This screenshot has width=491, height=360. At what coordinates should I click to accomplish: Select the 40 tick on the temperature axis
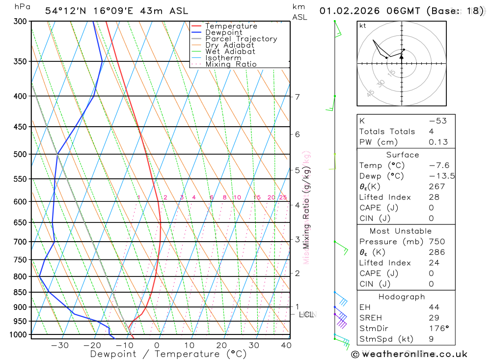click(x=286, y=345)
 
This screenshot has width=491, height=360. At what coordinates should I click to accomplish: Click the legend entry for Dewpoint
click(x=223, y=32)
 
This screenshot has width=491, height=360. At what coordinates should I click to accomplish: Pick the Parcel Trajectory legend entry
click(x=241, y=39)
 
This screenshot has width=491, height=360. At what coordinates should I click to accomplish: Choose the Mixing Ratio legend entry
click(x=231, y=64)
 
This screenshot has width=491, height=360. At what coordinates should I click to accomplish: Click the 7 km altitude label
click(x=298, y=97)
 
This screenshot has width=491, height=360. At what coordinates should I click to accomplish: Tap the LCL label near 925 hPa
click(x=306, y=314)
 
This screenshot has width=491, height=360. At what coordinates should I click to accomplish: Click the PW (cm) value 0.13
click(x=438, y=142)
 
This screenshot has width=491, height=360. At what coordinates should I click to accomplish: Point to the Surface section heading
click(x=402, y=155)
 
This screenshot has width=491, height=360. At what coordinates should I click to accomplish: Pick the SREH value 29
click(x=434, y=318)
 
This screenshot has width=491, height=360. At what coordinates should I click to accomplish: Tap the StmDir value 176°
click(x=437, y=328)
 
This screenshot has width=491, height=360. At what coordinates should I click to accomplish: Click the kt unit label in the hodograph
click(x=362, y=26)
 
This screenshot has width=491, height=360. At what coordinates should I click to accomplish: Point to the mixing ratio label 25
click(x=283, y=197)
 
